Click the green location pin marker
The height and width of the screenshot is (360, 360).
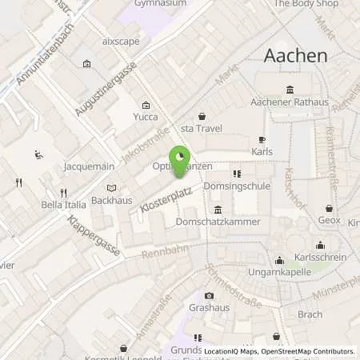(180, 157)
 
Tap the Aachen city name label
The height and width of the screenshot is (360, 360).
(296, 55)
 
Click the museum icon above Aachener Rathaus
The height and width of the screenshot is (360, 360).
(289, 90)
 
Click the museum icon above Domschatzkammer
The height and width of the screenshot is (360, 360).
(218, 209)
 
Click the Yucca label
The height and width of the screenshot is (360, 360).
(146, 117)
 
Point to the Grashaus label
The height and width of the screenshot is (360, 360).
(209, 307)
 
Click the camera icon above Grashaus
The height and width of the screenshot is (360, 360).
(209, 295)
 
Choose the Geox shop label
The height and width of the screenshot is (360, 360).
(329, 220)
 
